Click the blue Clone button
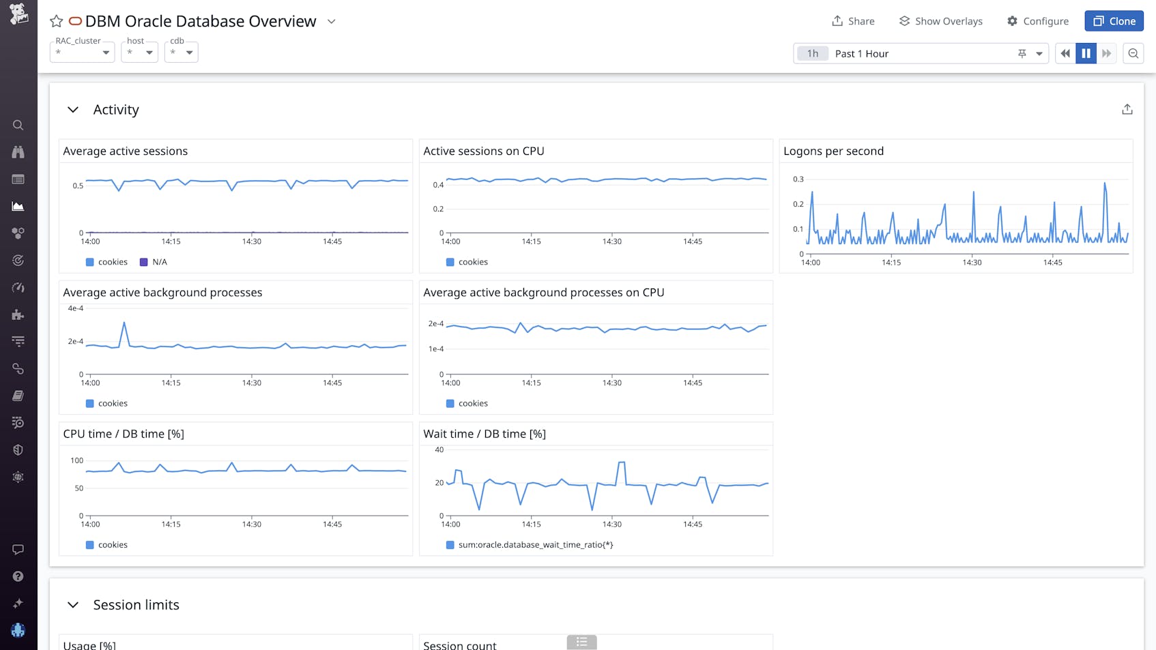1114,21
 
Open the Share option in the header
853,21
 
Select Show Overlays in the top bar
940,21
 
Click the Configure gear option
1037,21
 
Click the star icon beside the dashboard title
57,22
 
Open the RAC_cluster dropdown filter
82,53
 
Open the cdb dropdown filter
181,53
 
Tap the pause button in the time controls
1086,53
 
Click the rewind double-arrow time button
1065,53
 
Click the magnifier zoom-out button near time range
1133,53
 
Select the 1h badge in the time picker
812,53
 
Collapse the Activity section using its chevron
73,110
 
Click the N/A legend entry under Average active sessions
159,262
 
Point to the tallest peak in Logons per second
1105,183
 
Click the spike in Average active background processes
124,323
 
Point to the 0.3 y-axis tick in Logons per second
798,179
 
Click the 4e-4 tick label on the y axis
75,308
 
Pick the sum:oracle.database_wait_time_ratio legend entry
535,545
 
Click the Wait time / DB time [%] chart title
485,434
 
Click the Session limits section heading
136,605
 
